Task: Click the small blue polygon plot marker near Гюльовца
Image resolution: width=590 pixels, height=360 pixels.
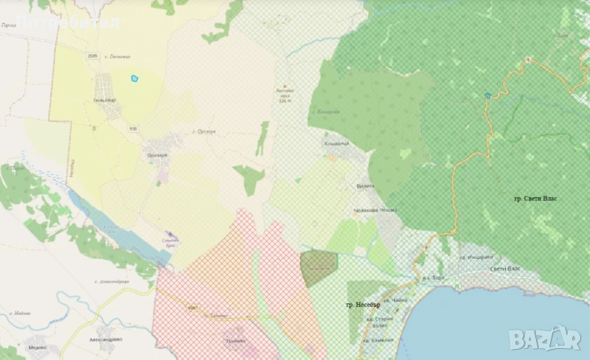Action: pos(134,78)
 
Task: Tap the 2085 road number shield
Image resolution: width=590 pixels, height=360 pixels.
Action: pos(92,56)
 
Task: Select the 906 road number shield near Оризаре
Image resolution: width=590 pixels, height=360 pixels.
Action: pos(133,128)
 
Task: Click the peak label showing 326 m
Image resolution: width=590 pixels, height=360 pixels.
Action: pos(285,94)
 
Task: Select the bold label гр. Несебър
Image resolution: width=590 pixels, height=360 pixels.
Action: pos(362,305)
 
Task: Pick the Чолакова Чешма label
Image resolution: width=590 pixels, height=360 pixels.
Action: pos(377,210)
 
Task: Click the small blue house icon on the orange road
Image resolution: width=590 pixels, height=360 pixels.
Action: pos(487,95)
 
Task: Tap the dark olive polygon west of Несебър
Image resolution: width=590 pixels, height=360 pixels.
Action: pos(319,267)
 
